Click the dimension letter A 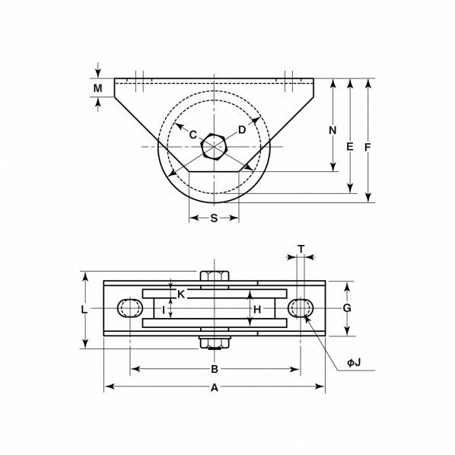pos(215,387)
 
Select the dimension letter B pos(215,370)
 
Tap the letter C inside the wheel pos(193,135)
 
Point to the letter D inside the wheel pos(242,130)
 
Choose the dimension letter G pos(347,308)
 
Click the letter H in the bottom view pos(257,309)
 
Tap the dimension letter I pos(164,309)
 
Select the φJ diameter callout pos(354,363)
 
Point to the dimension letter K pos(180,294)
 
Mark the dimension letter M pos(97,89)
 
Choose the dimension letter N pos(332,130)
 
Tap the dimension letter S pos(214,218)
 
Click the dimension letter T pos(301,249)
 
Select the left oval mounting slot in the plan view pos(130,308)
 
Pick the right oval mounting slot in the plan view pos(301,307)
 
